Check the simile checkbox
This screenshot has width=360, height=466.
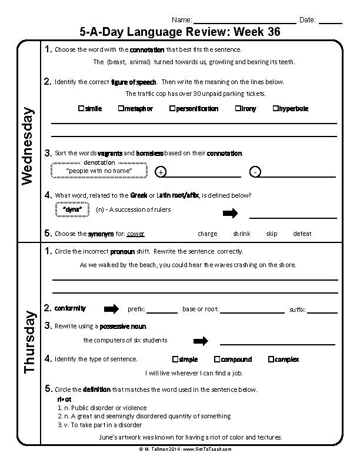(81, 109)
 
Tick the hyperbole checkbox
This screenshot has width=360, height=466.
(275, 109)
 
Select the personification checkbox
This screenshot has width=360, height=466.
(172, 109)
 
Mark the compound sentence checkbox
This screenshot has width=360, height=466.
(217, 360)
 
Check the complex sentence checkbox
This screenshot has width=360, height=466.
(271, 360)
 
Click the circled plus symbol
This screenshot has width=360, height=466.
(161, 172)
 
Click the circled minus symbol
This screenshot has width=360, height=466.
(254, 172)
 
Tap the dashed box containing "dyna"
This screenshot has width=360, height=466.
(71, 209)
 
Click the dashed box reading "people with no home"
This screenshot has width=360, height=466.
(98, 171)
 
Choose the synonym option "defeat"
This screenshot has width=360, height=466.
(302, 234)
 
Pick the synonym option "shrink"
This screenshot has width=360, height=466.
(241, 234)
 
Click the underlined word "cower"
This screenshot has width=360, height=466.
(136, 234)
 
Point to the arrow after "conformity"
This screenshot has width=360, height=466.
(111, 309)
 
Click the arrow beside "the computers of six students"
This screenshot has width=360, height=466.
(201, 341)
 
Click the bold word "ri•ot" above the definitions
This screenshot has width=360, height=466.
(64, 400)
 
